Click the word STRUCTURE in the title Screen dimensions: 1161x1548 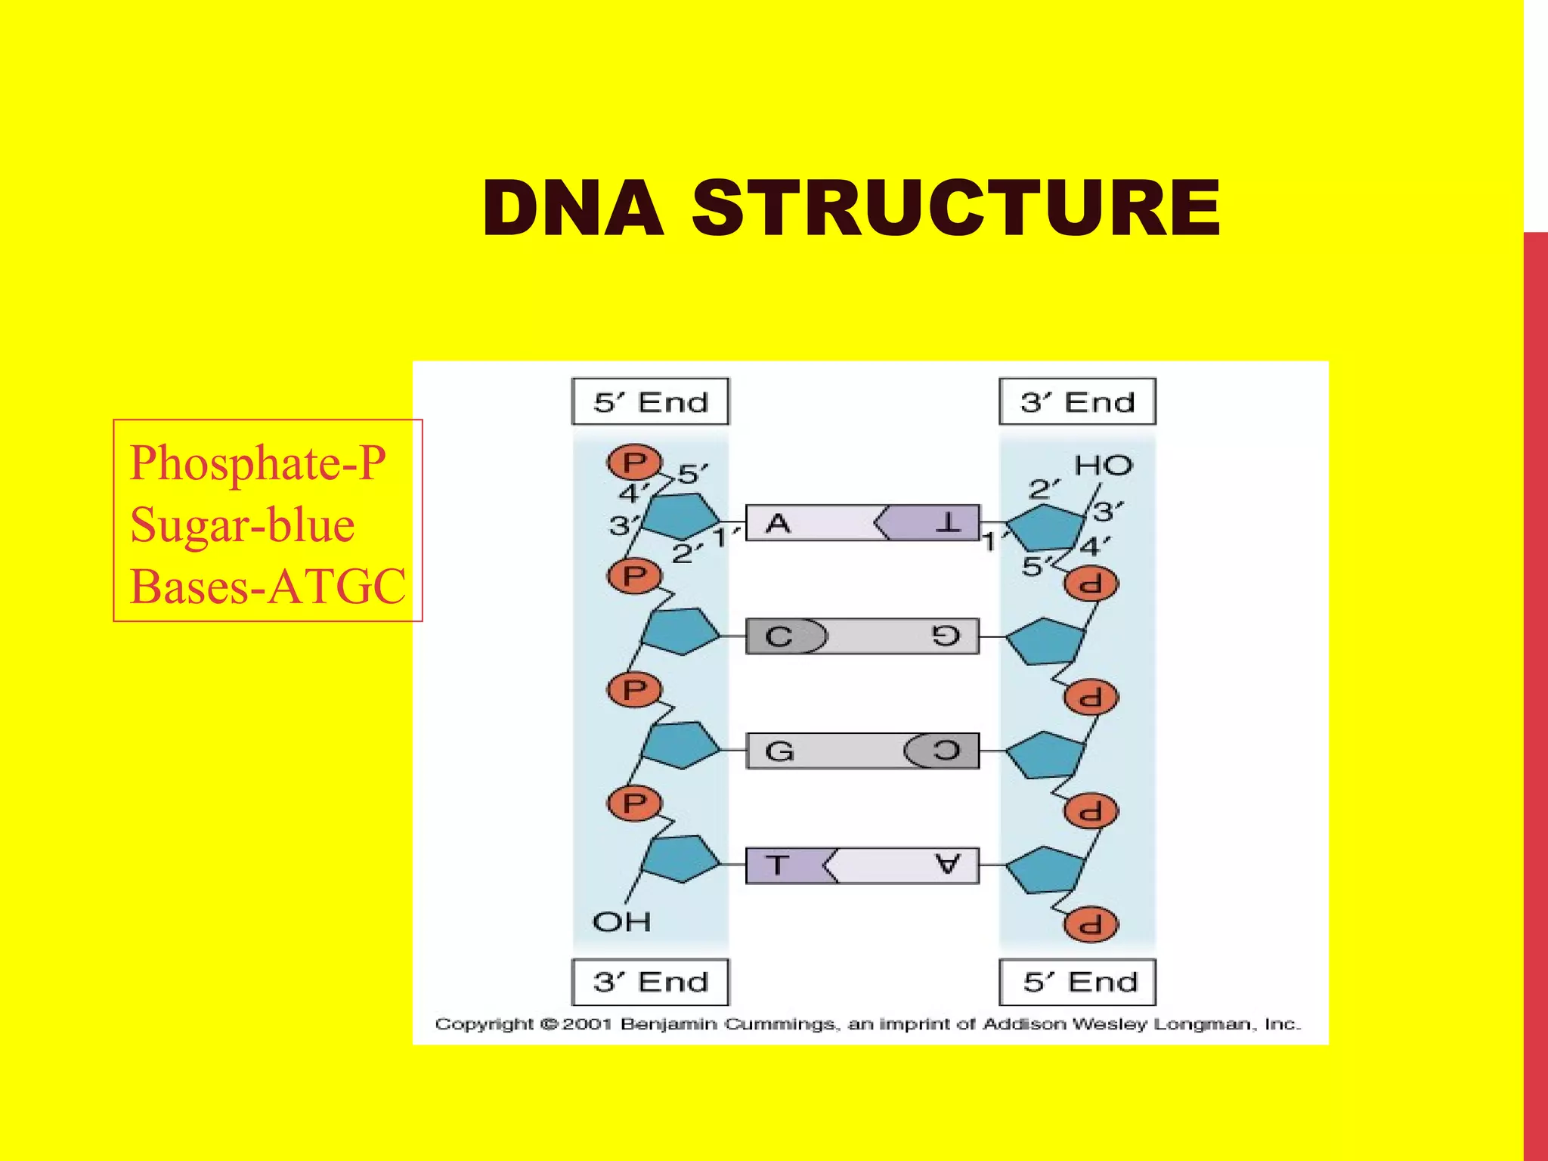click(x=955, y=209)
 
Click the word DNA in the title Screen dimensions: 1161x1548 click(x=573, y=209)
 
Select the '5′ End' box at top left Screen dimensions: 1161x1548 click(x=650, y=401)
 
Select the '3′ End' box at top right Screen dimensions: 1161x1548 click(x=1077, y=401)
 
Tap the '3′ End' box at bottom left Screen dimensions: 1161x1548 click(x=650, y=982)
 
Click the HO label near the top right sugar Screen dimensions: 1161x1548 click(x=1103, y=466)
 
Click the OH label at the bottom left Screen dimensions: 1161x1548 click(x=621, y=921)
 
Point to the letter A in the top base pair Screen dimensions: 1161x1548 click(x=778, y=523)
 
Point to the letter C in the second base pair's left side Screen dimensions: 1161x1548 click(x=779, y=636)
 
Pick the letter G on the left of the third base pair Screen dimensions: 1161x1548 click(x=779, y=751)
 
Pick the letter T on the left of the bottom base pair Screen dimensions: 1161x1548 click(x=777, y=865)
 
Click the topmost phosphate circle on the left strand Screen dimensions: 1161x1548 click(x=634, y=462)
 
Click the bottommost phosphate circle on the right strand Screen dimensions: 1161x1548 click(x=1091, y=924)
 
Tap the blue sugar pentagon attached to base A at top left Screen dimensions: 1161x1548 click(x=681, y=516)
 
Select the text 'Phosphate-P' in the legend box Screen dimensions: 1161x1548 click(x=258, y=463)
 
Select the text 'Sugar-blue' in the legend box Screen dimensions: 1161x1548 click(x=242, y=525)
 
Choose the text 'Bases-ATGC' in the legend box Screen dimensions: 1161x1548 click(x=268, y=587)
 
